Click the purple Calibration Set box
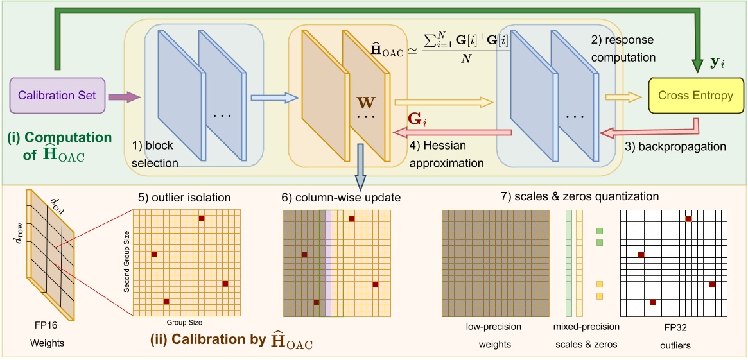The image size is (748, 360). tap(57, 96)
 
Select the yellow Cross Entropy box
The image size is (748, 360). tap(695, 96)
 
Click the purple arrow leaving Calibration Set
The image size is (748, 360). tap(126, 97)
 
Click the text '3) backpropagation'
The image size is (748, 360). tap(675, 146)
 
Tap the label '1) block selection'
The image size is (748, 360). tap(155, 155)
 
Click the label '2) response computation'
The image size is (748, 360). tap(622, 49)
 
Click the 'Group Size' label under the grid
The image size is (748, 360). tap(185, 322)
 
